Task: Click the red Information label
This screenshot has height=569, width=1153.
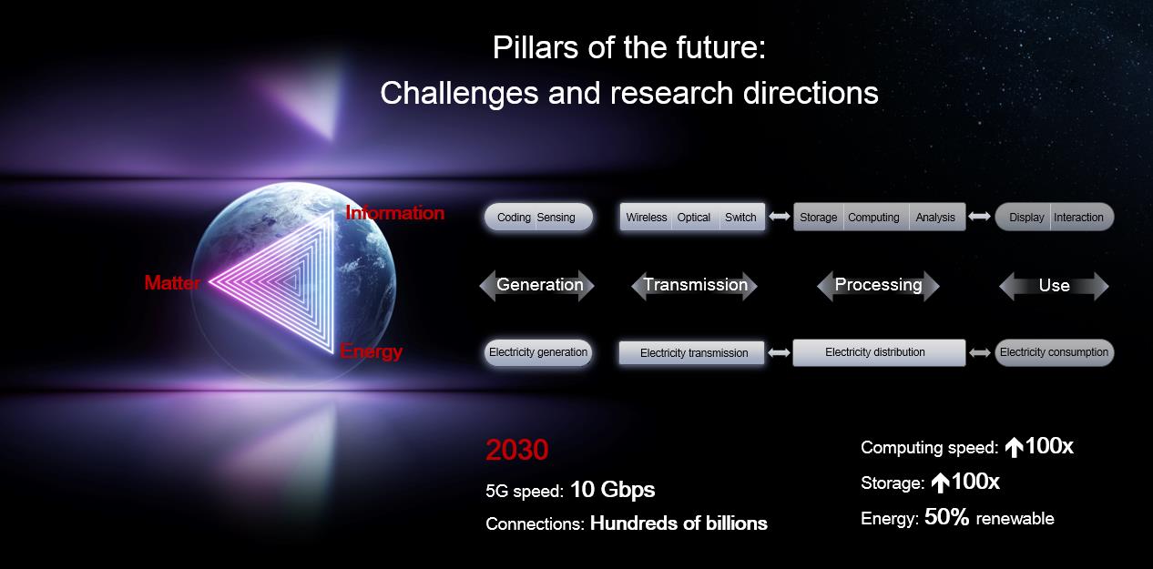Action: click(x=394, y=213)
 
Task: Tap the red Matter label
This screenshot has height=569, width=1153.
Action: click(x=172, y=282)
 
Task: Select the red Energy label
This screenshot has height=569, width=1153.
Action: click(x=371, y=351)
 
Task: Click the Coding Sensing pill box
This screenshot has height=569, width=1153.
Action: click(x=538, y=217)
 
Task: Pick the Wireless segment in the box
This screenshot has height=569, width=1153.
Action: click(x=646, y=217)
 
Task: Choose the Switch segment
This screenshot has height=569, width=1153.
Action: click(x=740, y=217)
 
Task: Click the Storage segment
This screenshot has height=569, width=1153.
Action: click(x=819, y=217)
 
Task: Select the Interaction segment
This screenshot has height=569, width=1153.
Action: click(x=1080, y=217)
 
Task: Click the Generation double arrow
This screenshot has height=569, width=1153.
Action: click(x=537, y=285)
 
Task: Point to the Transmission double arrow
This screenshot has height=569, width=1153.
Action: click(x=695, y=285)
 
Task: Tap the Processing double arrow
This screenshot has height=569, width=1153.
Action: click(x=878, y=285)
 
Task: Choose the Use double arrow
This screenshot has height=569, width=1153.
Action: click(x=1054, y=286)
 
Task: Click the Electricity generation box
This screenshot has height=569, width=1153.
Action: click(x=538, y=352)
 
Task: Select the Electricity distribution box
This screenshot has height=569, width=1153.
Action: click(x=879, y=352)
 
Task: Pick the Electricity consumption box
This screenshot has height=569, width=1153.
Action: click(x=1054, y=352)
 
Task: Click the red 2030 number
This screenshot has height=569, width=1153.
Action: click(x=516, y=450)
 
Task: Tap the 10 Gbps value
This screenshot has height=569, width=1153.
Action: click(x=613, y=489)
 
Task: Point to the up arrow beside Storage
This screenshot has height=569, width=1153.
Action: click(x=941, y=483)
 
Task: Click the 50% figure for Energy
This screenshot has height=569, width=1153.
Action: click(x=946, y=517)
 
